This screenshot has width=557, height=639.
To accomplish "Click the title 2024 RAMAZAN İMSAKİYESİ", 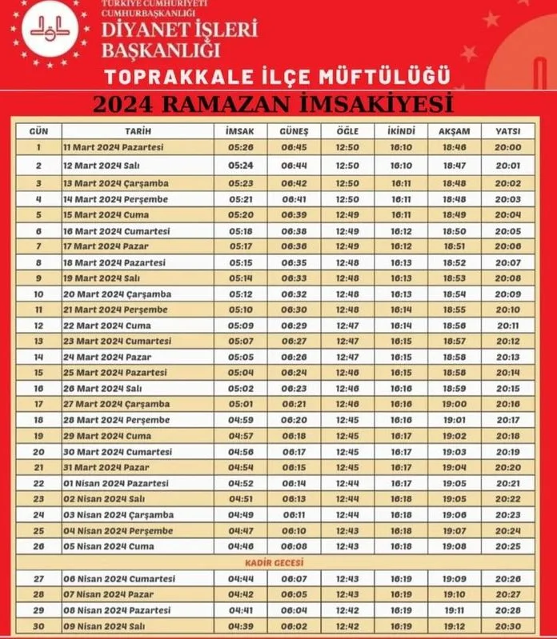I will pyautogui.click(x=272, y=105).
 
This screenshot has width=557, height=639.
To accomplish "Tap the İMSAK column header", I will pyautogui.click(x=240, y=131).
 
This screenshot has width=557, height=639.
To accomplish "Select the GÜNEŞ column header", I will pyautogui.click(x=294, y=131).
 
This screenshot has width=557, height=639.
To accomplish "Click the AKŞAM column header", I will pyautogui.click(x=455, y=131).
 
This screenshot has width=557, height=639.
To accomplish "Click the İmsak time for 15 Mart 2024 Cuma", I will pyautogui.click(x=240, y=214).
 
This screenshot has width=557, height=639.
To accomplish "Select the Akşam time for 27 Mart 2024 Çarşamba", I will pyautogui.click(x=455, y=404).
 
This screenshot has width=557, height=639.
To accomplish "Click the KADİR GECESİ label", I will pyautogui.click(x=278, y=563).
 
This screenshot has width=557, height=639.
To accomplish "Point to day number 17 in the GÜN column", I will pyautogui.click(x=38, y=404).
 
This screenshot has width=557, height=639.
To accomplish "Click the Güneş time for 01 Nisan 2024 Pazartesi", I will pyautogui.click(x=294, y=483).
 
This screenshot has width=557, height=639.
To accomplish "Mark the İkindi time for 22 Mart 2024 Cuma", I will pyautogui.click(x=401, y=325).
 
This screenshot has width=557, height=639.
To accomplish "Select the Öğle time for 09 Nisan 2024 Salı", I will pyautogui.click(x=347, y=625).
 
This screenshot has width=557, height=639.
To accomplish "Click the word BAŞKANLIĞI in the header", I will pyautogui.click(x=160, y=51).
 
